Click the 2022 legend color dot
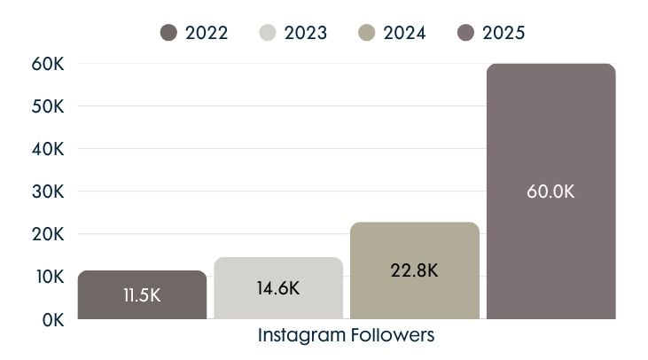(169, 33)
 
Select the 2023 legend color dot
(269, 33)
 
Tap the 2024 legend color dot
(367, 33)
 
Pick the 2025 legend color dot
(466, 33)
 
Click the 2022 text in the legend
(207, 33)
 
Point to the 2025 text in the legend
(504, 33)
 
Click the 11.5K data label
(142, 295)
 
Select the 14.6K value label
(278, 289)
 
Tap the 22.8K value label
(414, 270)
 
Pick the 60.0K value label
(550, 192)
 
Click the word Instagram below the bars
(298, 337)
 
